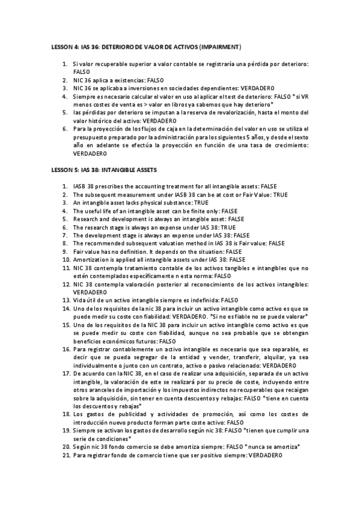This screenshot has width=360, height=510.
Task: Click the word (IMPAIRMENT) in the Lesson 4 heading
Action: pyautogui.click(x=221, y=46)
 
